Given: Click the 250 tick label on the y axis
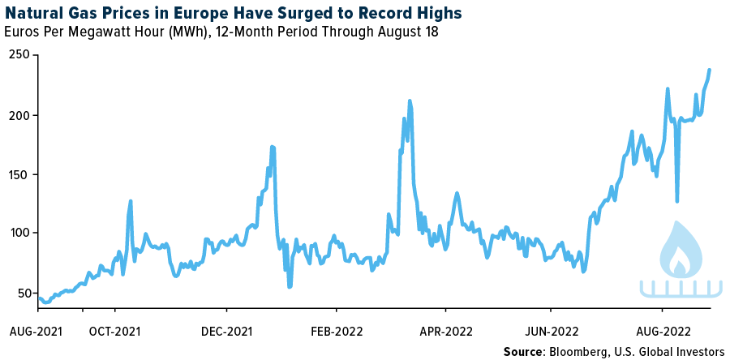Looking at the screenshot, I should coord(19,55).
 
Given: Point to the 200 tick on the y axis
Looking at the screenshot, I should coord(19,115).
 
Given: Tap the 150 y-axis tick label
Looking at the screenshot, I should coord(19,174).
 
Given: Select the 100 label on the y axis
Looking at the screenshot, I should coord(19,234).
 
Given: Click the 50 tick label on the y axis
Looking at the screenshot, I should coord(22,293).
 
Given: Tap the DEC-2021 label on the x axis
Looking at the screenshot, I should coord(227,331).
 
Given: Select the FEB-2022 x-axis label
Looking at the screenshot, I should coord(337,331).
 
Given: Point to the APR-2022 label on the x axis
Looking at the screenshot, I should coord(445,331).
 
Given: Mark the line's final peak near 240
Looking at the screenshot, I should coord(711,70).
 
